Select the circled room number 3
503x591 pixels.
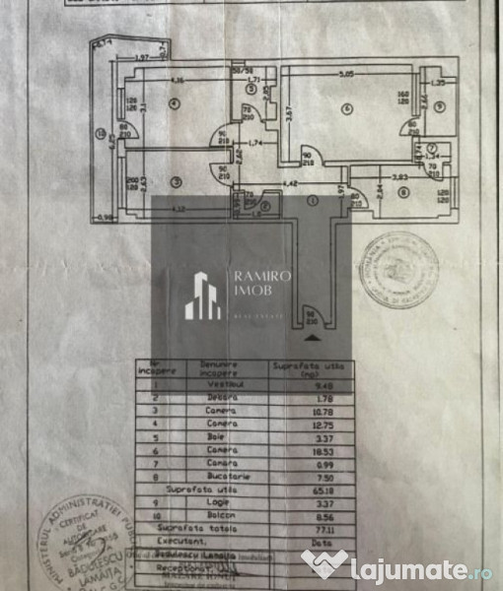pyautogui.click(x=174, y=180)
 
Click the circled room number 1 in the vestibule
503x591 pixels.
pyautogui.click(x=314, y=201)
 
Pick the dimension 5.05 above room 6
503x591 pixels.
pyautogui.click(x=344, y=73)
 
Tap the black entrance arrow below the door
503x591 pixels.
pyautogui.click(x=315, y=338)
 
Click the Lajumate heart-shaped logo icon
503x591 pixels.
pyautogui.click(x=324, y=565)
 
